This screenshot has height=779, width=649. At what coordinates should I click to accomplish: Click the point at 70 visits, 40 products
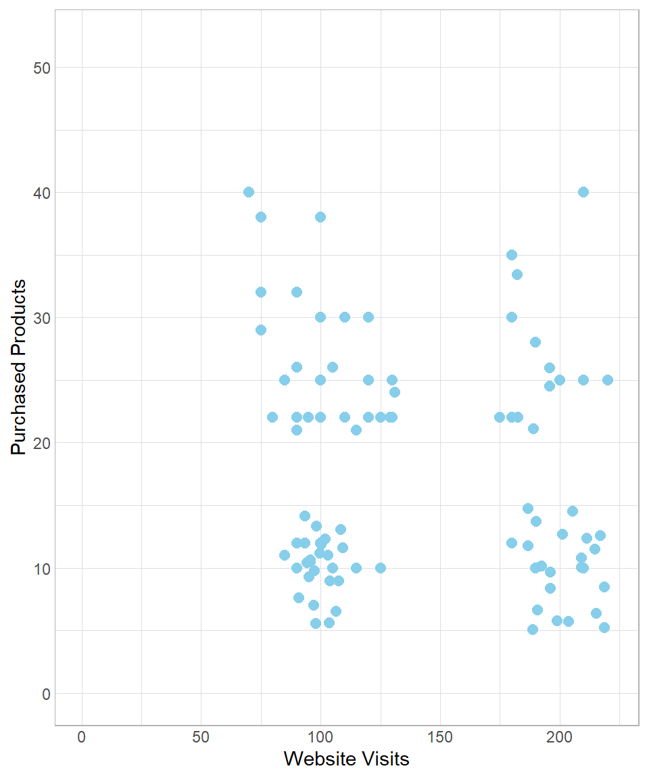[x=249, y=192]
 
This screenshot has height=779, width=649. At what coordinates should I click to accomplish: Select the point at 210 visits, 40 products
[x=583, y=192]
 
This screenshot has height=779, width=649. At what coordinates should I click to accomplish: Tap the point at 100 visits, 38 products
[x=320, y=217]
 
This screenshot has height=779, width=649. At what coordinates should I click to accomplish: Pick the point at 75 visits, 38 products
[x=261, y=217]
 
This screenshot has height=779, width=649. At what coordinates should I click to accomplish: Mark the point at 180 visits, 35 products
[x=512, y=255]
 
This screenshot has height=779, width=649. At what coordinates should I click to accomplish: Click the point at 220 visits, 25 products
[x=608, y=380]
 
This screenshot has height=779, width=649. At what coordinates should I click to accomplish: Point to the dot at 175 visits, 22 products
[x=500, y=417]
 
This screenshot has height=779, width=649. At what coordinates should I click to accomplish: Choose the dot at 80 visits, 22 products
[x=272, y=417]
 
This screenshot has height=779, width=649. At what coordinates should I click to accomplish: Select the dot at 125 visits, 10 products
[x=381, y=568]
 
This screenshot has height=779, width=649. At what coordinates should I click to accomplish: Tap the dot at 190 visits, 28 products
[x=535, y=342]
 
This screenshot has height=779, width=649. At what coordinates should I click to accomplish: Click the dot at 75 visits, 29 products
[x=261, y=330]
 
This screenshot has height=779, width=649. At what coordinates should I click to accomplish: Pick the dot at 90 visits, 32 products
[x=297, y=292]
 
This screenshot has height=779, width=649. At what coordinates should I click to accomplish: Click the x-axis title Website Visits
[x=346, y=759]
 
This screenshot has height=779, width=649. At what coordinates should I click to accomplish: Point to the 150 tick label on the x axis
[x=440, y=736]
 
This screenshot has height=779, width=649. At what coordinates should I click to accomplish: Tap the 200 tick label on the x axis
[x=560, y=736]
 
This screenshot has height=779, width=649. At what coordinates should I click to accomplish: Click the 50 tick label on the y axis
[x=41, y=68]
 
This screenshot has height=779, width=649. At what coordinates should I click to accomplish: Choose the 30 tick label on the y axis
[x=41, y=318]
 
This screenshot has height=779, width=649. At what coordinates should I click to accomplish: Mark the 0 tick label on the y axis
[x=45, y=694]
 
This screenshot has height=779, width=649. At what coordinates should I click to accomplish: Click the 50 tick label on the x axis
[x=201, y=736]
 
